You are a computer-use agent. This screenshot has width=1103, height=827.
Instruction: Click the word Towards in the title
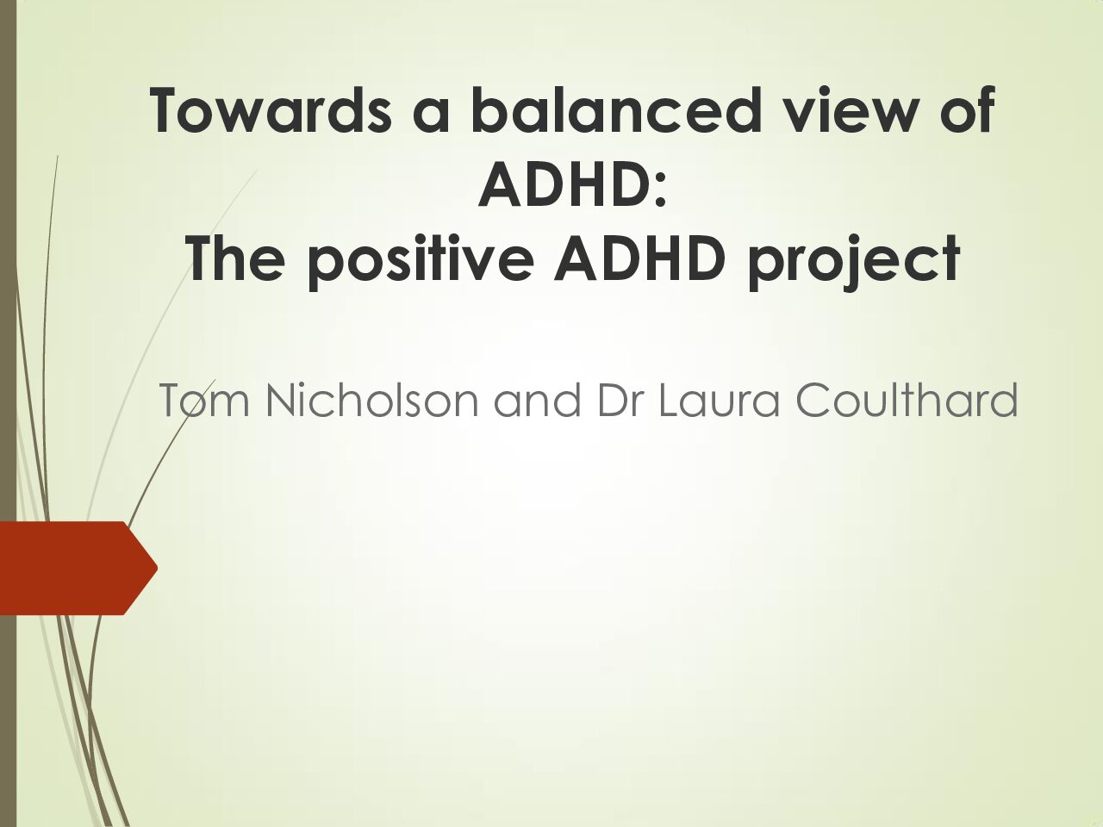pos(271,110)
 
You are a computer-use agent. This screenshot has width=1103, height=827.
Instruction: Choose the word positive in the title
pos(421,262)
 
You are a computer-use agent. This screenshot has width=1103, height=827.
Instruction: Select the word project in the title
pos(854,262)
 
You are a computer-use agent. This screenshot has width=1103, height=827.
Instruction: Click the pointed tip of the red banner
pos(158,568)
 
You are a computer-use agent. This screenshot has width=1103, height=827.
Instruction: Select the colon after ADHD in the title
pos(660,191)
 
